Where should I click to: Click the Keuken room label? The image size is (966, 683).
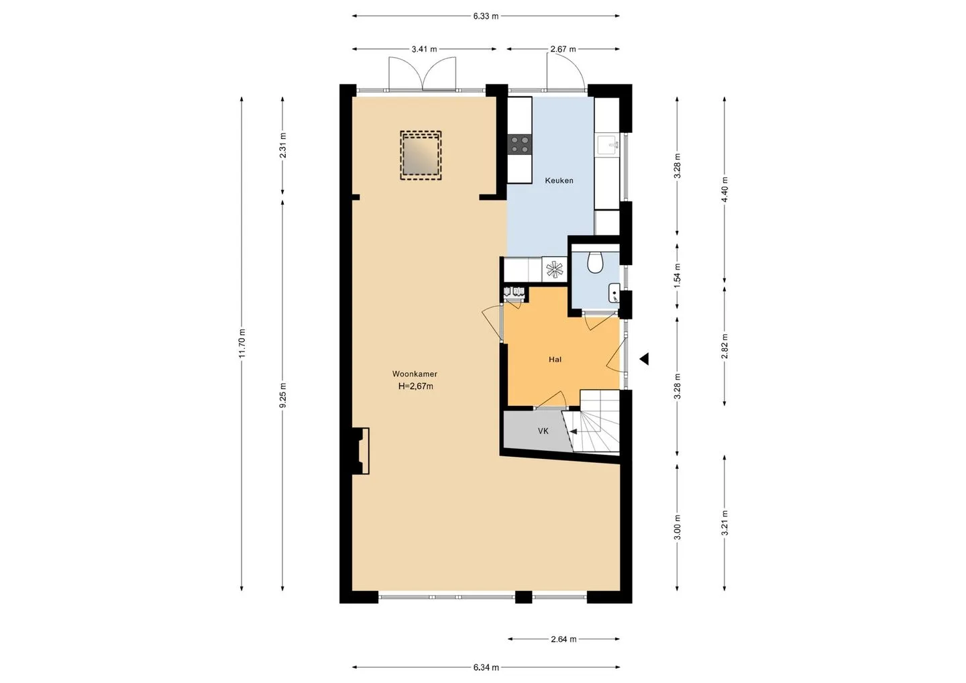pos(559,180)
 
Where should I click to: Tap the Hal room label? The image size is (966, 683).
pos(555,359)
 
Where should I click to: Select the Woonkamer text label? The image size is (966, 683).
pos(415,374)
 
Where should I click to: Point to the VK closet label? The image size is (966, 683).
pos(543,431)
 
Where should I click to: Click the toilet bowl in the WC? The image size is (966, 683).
pos(595,262)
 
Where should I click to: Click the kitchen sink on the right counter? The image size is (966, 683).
pos(608,145)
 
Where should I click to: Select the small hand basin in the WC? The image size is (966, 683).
pos(614,293)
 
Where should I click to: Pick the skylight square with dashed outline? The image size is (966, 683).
pos(421,155)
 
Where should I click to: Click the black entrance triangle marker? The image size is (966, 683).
pos(644,359)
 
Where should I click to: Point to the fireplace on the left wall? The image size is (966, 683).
pos(361,451)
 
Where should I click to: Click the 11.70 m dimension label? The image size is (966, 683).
pos(242,344)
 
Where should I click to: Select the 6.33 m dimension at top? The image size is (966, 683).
pos(486,16)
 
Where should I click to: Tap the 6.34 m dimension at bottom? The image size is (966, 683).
pos(486,668)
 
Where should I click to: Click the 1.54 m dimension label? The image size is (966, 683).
pos(677,276)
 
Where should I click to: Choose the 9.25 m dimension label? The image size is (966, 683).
pos(282,395)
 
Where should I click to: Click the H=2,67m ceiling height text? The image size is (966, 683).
pos(416,386)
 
